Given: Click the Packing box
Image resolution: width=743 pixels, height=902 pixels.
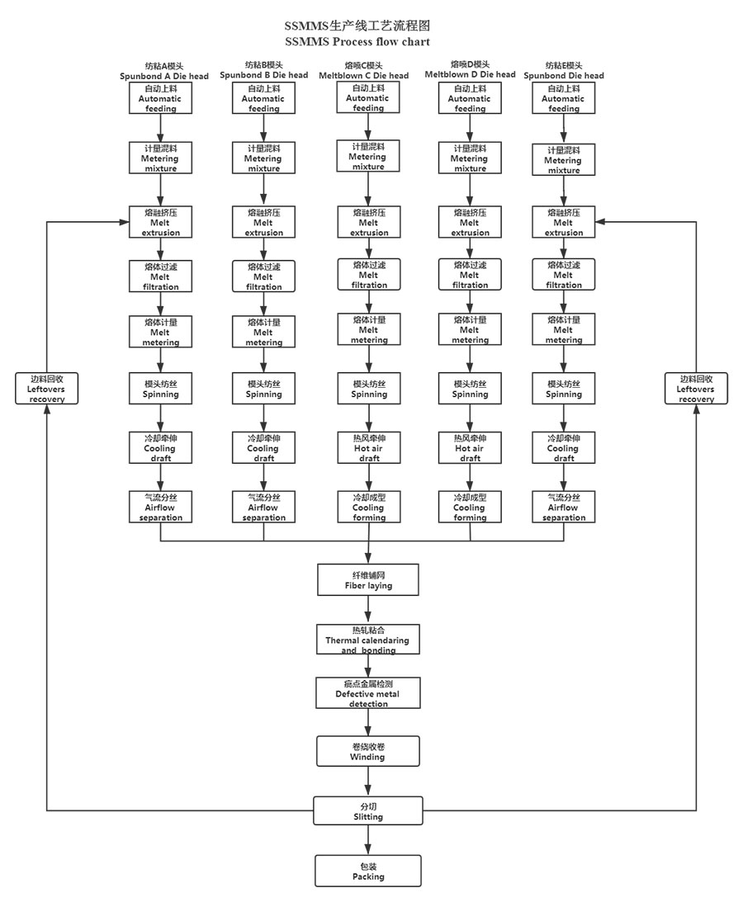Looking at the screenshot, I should tap(368, 871).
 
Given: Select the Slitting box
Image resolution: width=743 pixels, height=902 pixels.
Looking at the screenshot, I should tap(368, 811).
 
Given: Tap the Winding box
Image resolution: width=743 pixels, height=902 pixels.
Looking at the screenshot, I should tap(368, 751).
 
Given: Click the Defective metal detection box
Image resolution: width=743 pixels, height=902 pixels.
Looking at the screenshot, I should tap(368, 693).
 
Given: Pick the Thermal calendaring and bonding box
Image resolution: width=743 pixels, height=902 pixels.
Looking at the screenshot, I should tap(368, 640).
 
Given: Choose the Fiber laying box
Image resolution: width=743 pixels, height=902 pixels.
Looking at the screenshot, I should tap(368, 579).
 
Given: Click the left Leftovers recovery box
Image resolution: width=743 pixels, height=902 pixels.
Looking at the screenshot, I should tap(47, 388).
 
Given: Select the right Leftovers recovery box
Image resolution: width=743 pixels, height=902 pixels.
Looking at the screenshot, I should tap(696, 388).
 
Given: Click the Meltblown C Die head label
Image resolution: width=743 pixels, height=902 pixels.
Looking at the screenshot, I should tap(364, 71).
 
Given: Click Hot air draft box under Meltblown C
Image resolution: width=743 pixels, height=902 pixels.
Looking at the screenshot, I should tap(368, 448).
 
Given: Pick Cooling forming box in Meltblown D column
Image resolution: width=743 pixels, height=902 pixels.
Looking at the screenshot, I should tap(470, 508).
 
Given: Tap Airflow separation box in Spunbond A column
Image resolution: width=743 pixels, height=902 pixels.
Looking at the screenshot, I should tap(161, 508).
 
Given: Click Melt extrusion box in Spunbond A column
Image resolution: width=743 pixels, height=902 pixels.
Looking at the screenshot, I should tap(161, 223).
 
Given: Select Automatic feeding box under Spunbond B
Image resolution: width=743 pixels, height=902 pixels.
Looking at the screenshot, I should tap(263, 98).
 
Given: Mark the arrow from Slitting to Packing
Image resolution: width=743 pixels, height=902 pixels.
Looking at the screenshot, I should tap(368, 840).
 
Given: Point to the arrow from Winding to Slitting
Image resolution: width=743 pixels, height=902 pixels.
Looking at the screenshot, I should tap(368, 782).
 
